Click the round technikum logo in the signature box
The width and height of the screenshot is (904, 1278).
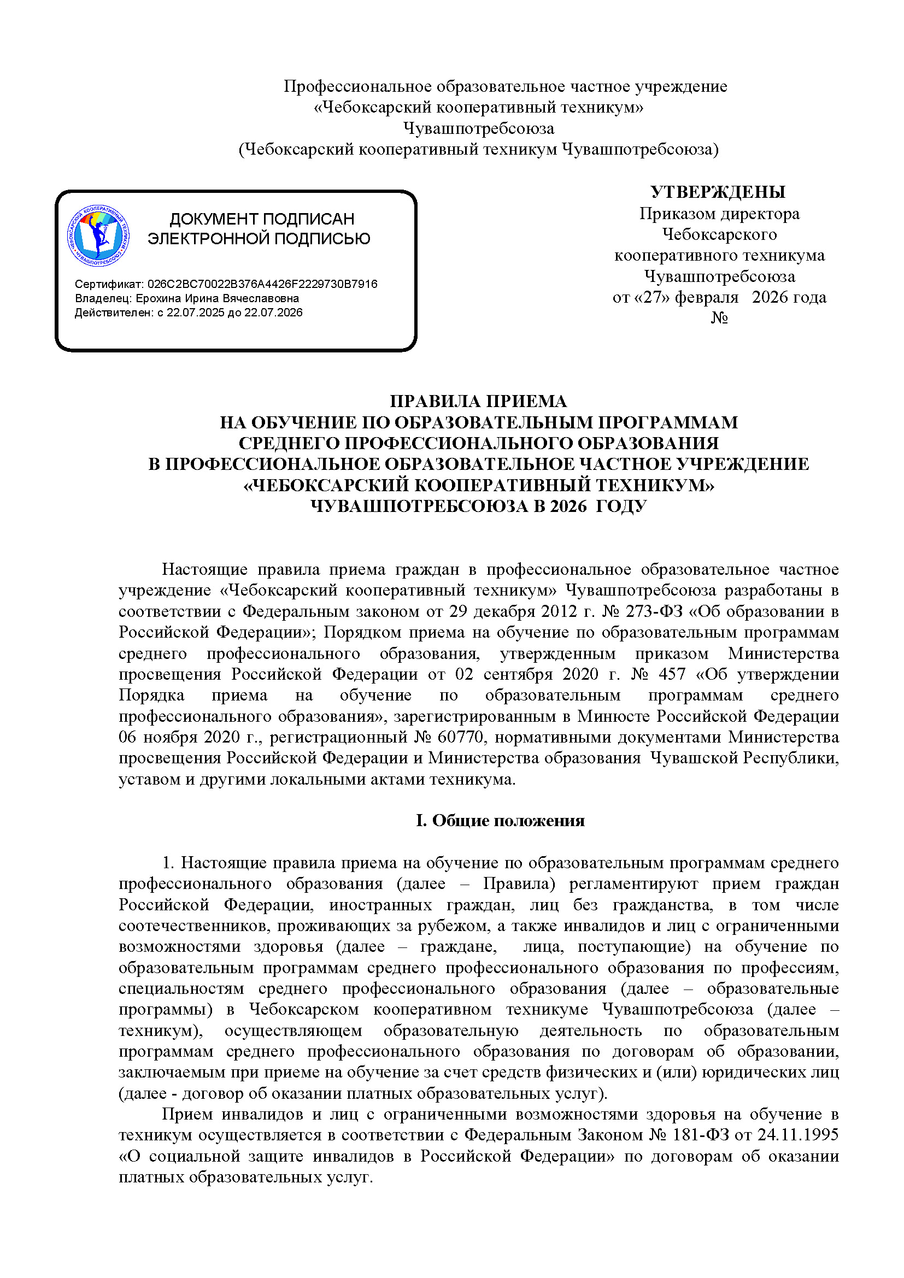pos(98,236)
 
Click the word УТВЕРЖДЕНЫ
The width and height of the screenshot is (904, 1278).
pos(718,192)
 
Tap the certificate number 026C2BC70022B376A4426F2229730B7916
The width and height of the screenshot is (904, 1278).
pos(262,284)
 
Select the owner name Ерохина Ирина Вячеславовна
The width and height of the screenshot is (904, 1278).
pos(217,298)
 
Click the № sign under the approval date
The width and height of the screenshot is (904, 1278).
pos(719,318)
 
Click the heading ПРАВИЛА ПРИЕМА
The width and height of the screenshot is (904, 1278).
pos(478,402)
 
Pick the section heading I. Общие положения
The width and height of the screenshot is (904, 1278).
pos(500,821)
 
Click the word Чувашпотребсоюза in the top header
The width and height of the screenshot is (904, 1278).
pos(479,128)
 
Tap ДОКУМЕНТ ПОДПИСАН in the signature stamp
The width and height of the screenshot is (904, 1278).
pos(262,219)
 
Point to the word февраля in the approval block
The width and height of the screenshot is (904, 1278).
pos(706,297)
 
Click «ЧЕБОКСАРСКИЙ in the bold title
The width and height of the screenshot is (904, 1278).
pos(326,485)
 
